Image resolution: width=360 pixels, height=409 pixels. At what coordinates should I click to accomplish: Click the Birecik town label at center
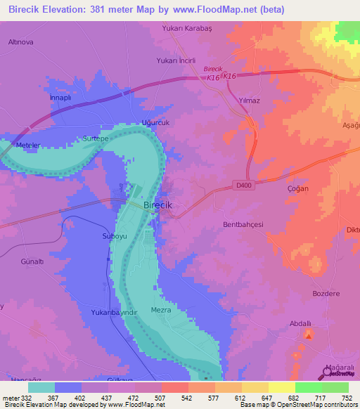point(157,204)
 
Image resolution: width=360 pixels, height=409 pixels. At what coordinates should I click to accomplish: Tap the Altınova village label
point(20,41)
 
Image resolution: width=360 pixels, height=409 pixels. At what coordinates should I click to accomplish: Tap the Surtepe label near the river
point(95,138)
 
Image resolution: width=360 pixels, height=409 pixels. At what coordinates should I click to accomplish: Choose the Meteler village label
point(30,145)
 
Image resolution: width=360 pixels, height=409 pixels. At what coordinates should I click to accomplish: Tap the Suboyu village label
point(115,237)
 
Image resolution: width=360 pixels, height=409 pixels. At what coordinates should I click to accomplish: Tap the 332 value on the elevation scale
point(22,398)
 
